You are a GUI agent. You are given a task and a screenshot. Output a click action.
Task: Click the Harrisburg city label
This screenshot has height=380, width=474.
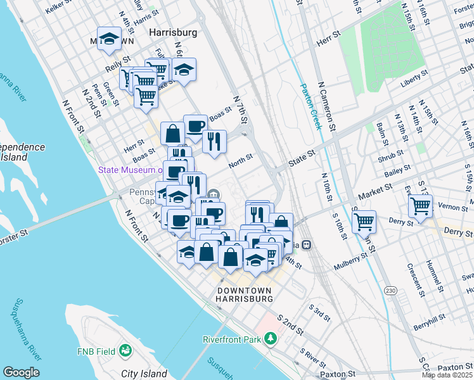(172, 32)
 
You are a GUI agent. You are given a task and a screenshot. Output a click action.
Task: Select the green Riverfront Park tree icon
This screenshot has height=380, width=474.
(271, 339)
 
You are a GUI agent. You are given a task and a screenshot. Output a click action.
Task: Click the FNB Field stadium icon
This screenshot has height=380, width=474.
(125, 350)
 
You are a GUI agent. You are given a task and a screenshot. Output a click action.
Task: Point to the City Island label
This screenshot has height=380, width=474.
(144, 374)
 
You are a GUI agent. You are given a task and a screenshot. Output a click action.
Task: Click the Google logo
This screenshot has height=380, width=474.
(21, 372)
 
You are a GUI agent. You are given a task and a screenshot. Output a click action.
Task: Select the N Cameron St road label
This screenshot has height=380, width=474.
(327, 105)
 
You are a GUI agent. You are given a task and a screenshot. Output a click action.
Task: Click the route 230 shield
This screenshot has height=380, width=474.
(391, 290)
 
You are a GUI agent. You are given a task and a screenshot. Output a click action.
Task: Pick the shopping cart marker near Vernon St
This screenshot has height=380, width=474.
(421, 205)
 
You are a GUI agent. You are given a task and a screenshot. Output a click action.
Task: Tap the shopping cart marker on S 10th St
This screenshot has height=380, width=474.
(364, 222)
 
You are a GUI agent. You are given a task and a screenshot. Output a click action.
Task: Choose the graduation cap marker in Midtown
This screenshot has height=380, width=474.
(110, 38)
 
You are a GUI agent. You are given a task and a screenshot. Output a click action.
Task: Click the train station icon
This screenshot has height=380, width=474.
(307, 244)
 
